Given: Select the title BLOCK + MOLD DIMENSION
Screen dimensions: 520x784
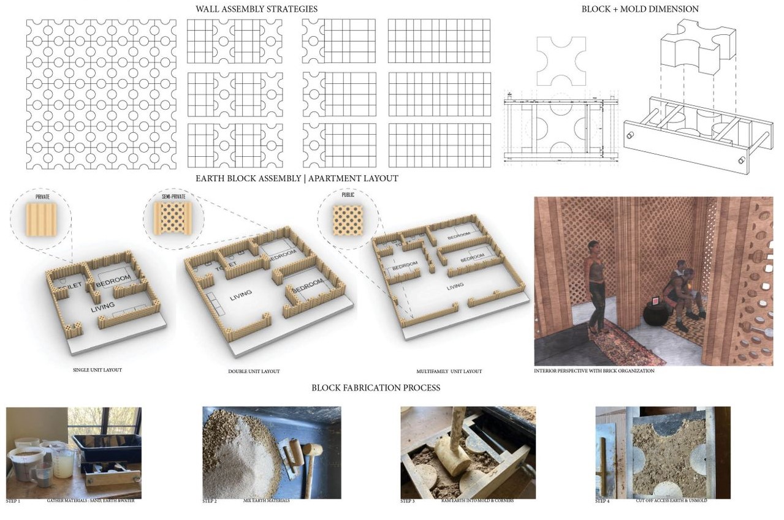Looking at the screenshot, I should pos(640,9).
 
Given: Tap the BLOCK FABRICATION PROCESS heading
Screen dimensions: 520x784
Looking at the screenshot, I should pos(375,388).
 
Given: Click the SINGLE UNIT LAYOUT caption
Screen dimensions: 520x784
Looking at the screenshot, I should pos(97,370).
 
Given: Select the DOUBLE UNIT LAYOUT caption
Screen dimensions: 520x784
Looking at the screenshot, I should pos(254,371).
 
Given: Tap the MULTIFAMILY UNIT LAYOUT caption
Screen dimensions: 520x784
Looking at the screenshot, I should pos(449,371).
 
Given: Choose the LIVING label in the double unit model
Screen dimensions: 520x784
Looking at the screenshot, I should pos(241,298).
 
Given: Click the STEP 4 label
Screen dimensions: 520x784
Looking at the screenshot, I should pos(602,501).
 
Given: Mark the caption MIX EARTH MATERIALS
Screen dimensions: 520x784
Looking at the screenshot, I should pos(267,500).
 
